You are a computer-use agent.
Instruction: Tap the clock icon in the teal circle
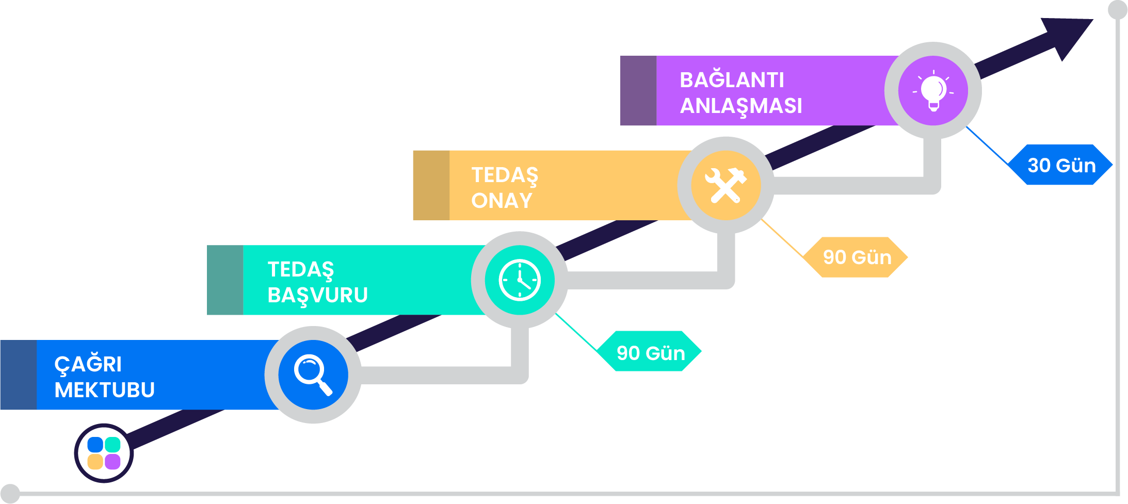click(520, 280)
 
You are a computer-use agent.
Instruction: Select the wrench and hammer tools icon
click(726, 185)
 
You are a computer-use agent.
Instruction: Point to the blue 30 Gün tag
click(1061, 165)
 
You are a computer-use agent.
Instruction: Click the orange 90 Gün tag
click(857, 257)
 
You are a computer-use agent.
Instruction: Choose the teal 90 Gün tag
click(650, 352)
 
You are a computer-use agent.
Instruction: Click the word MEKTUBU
click(104, 390)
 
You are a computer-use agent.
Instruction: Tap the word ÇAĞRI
click(88, 364)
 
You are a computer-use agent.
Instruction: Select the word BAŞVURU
click(317, 296)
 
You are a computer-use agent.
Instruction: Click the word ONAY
click(501, 201)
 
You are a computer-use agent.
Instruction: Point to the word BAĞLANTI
click(731, 80)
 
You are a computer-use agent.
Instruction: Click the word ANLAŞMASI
click(740, 106)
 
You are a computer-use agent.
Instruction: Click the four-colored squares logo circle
click(104, 453)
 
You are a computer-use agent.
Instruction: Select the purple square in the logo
click(112, 462)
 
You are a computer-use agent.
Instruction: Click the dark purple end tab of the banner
click(638, 91)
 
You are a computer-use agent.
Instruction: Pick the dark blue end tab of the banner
click(18, 375)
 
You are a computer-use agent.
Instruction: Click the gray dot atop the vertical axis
click(1118, 9)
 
